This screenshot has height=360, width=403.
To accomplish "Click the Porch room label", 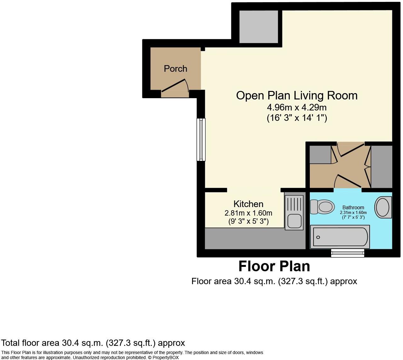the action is tap(175, 69).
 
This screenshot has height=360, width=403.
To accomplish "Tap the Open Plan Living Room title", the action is tap(297, 95).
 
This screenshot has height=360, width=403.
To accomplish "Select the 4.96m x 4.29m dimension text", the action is tap(297, 108).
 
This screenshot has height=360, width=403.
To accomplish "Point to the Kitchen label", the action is tap(248, 204).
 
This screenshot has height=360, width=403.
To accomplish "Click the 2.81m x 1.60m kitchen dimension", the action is tap(248, 213).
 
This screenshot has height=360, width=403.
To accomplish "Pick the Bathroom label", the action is tap(353, 207).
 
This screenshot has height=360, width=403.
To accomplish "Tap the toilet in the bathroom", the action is tap(322, 207).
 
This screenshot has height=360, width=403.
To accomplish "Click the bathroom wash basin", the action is tap(383, 207).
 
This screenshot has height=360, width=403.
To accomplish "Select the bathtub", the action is tap(340, 237).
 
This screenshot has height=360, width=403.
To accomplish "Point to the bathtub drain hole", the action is tap(318, 237).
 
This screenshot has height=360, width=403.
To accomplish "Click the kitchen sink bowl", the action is tap(294, 221).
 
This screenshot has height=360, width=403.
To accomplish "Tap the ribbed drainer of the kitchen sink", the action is tap(294, 204).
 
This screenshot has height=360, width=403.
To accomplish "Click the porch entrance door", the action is tap(175, 86).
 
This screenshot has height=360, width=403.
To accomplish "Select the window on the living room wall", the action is tap(201, 139).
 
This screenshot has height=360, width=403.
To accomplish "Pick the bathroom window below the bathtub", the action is tap(348, 253).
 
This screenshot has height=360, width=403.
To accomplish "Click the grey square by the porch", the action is tap(258, 27).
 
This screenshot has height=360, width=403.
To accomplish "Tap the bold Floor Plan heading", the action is tap(274, 266).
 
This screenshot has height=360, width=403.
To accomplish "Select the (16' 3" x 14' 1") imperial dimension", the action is tap(297, 118).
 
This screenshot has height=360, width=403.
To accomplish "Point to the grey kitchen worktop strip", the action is tap(255, 238).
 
